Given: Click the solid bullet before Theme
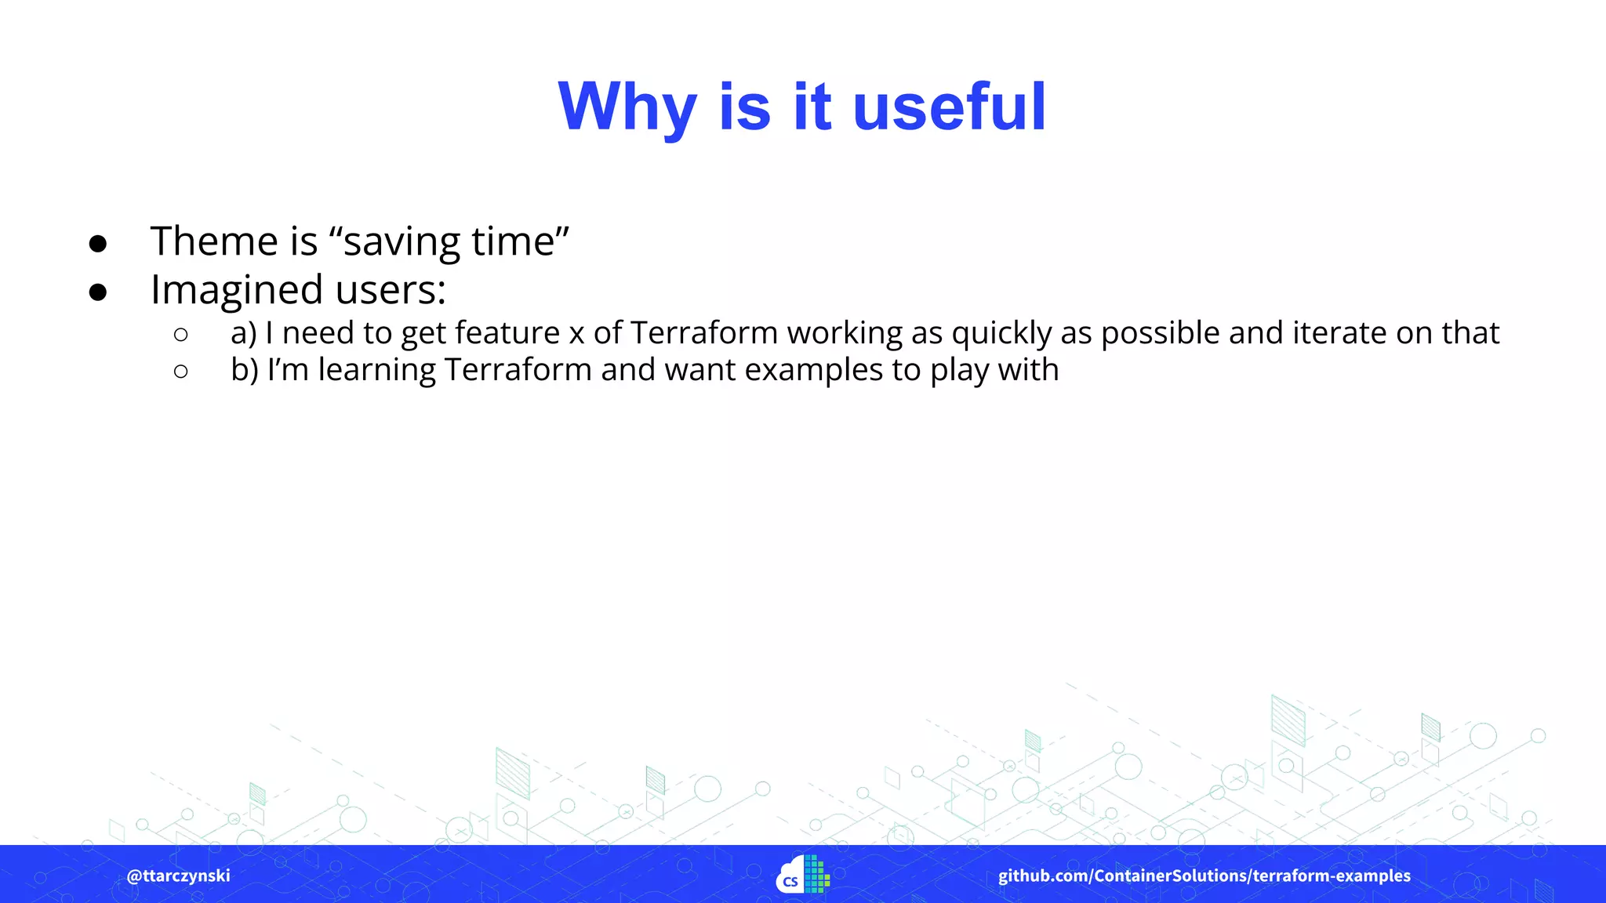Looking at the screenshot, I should pyautogui.click(x=98, y=244).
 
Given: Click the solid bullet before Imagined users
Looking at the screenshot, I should pyautogui.click(x=98, y=292).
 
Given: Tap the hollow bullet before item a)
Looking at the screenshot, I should pyautogui.click(x=181, y=335).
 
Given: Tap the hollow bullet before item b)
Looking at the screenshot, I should pyautogui.click(x=181, y=372).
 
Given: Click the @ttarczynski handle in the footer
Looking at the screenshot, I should pyautogui.click(x=179, y=876).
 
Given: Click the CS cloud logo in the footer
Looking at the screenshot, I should pyautogui.click(x=802, y=875).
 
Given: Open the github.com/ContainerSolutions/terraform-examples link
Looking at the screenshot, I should pyautogui.click(x=1204, y=876).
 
